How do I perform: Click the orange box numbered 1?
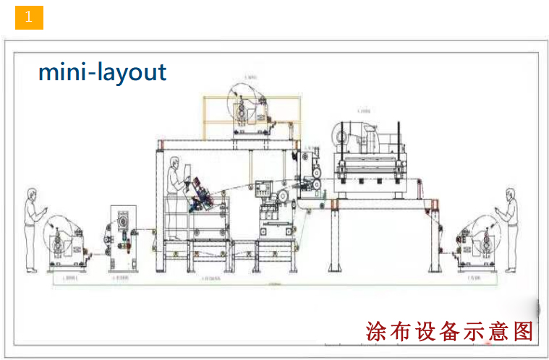pyautogui.click(x=29, y=17)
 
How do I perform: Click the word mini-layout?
pyautogui.click(x=102, y=72)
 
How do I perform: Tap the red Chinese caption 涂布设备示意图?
pyautogui.click(x=449, y=332)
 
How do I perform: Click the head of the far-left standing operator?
pyautogui.click(x=32, y=195)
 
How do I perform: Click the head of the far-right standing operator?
pyautogui.click(x=511, y=195)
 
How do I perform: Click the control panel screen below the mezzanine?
pyautogui.click(x=263, y=190)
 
